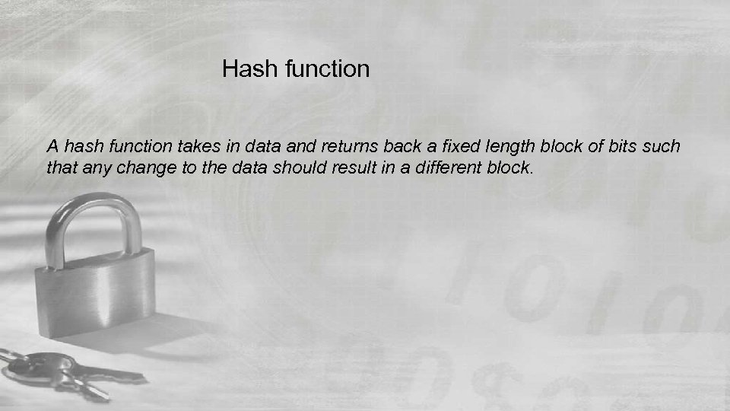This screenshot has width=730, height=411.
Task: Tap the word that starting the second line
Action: tap(60, 167)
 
